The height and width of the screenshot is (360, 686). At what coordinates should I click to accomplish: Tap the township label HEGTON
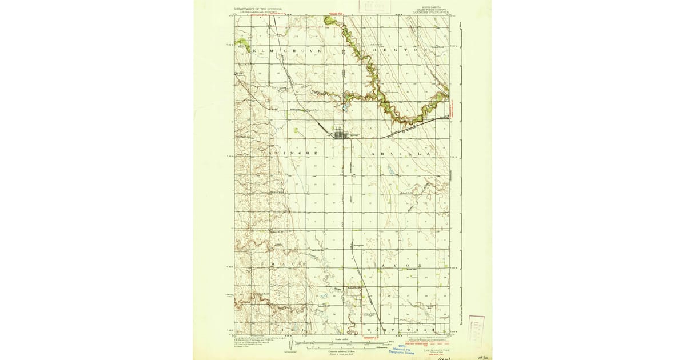click(x=400, y=51)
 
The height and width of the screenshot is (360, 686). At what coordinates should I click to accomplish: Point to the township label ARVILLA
click(x=400, y=154)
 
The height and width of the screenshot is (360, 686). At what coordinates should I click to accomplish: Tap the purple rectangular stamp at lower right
click(x=476, y=328)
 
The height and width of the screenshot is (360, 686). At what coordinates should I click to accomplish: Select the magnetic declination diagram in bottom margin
click(x=292, y=344)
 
